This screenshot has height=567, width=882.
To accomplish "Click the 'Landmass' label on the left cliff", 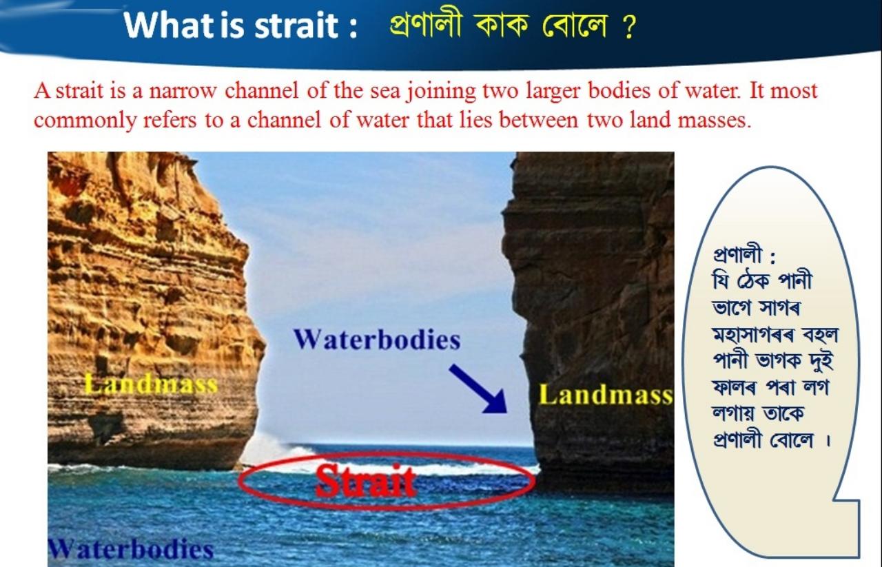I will (151, 384).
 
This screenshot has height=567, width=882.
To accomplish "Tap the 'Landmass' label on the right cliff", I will (605, 395).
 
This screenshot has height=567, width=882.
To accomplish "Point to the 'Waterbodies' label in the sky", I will (376, 340).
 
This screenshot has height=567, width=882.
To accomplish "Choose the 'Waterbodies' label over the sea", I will (131, 550).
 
